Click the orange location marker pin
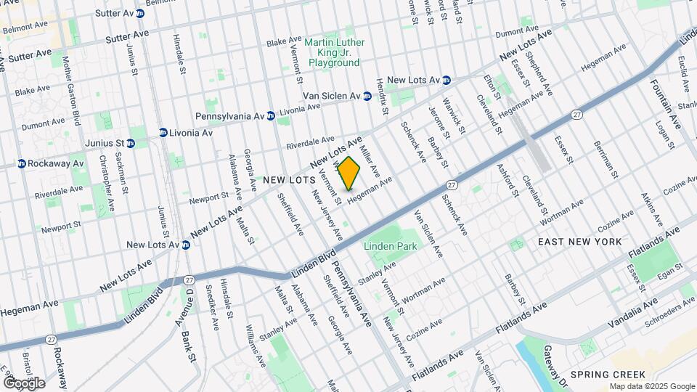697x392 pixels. pos(349,173)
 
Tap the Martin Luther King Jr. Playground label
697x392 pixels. pos(334,53)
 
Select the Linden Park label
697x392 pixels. pos(391,246)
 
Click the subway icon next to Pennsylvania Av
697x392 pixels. pos(270,115)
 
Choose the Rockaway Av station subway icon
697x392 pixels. pos(22,163)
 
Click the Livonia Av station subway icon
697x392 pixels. pos(163,133)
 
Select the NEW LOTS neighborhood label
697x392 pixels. pos(288,179)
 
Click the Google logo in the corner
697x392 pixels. pos(23,383)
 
